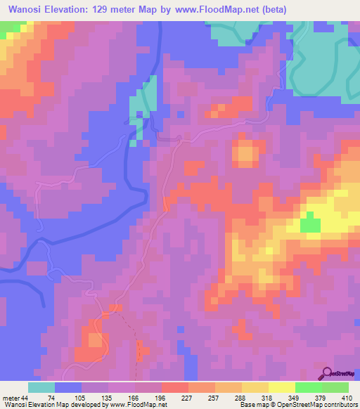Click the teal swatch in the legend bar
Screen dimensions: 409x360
(x=41, y=387)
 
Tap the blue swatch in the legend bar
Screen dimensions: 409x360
(x=68, y=387)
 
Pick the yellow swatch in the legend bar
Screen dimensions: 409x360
(x=281, y=387)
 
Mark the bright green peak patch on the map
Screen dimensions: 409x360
(x=309, y=225)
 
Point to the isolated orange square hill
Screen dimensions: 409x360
(x=245, y=152)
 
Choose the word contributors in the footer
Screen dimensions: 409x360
(x=340, y=404)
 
